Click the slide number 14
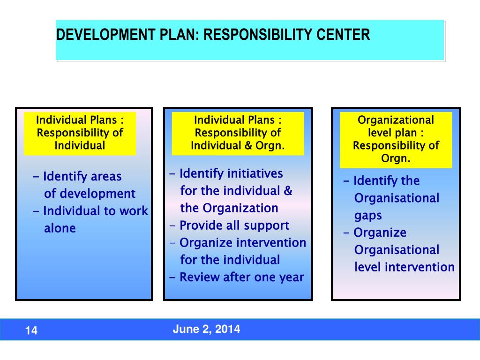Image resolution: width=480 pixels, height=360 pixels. [x=31, y=331]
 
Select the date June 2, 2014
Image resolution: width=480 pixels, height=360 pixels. [x=206, y=329]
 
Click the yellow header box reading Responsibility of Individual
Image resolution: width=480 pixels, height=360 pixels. [x=80, y=133]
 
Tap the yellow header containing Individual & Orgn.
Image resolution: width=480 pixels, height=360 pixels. [x=238, y=133]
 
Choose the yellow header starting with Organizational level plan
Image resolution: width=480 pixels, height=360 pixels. [x=396, y=139]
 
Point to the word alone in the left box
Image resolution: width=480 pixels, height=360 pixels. [x=60, y=228]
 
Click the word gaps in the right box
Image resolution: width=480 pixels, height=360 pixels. [x=368, y=216]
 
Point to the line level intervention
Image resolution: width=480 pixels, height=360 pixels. [x=404, y=267]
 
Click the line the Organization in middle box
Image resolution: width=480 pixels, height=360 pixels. [x=229, y=208]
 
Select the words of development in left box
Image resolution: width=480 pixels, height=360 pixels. [x=90, y=194]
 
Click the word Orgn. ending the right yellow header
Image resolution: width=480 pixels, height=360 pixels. [x=396, y=158]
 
